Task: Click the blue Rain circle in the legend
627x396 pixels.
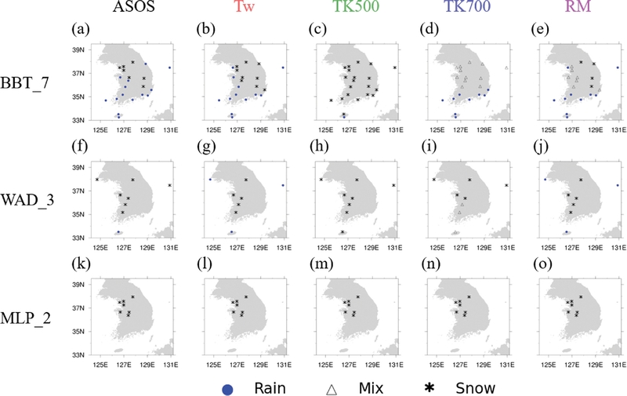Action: click(227, 387)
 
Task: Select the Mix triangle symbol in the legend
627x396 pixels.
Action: click(332, 387)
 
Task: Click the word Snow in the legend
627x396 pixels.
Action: click(472, 387)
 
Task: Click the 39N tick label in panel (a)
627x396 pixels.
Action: click(80, 49)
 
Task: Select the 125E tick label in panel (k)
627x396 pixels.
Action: click(100, 363)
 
